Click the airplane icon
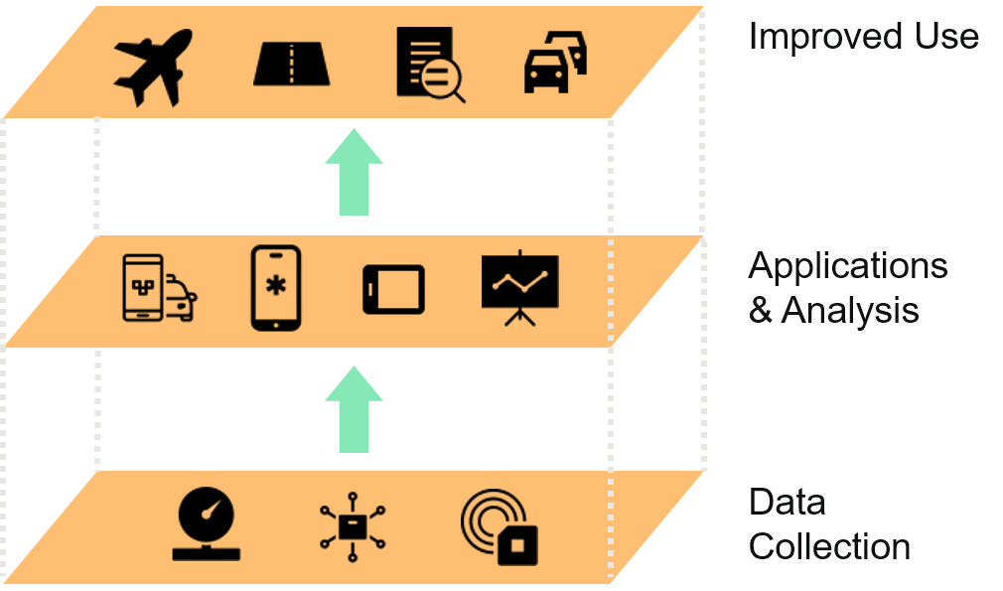click(152, 67)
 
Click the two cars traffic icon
click(554, 64)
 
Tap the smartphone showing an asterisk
click(275, 288)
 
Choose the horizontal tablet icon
click(393, 289)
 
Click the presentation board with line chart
click(519, 287)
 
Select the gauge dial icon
click(206, 524)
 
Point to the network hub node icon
click(353, 526)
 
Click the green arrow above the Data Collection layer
click(354, 409)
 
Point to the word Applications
click(847, 266)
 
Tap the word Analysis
click(850, 311)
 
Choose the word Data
click(787, 502)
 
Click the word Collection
click(829, 546)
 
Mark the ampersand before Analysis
click(761, 311)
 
